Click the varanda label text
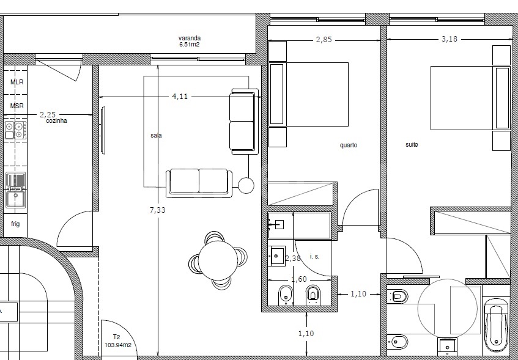pyautogui.click(x=190, y=39)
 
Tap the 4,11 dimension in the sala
pyautogui.click(x=180, y=97)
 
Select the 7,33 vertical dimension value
pyautogui.click(x=158, y=210)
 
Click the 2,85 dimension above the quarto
pyautogui.click(x=324, y=40)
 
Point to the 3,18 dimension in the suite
pyautogui.click(x=450, y=39)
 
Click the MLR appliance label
pyautogui.click(x=17, y=82)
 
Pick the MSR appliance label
pyautogui.click(x=17, y=106)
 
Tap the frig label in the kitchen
pyautogui.click(x=15, y=224)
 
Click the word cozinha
pyautogui.click(x=56, y=121)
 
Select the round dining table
pyautogui.click(x=218, y=260)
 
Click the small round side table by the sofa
pyautogui.click(x=246, y=185)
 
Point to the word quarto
pyautogui.click(x=349, y=145)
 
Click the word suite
pyautogui.click(x=412, y=145)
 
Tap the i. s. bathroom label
pyautogui.click(x=315, y=256)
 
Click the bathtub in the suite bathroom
pyautogui.click(x=496, y=325)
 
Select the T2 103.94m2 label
pyautogui.click(x=118, y=341)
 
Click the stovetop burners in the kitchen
pyautogui.click(x=15, y=130)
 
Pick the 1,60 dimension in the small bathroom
pyautogui.click(x=299, y=279)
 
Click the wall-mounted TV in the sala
pyautogui.click(x=103, y=130)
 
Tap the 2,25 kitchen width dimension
pyautogui.click(x=48, y=115)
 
